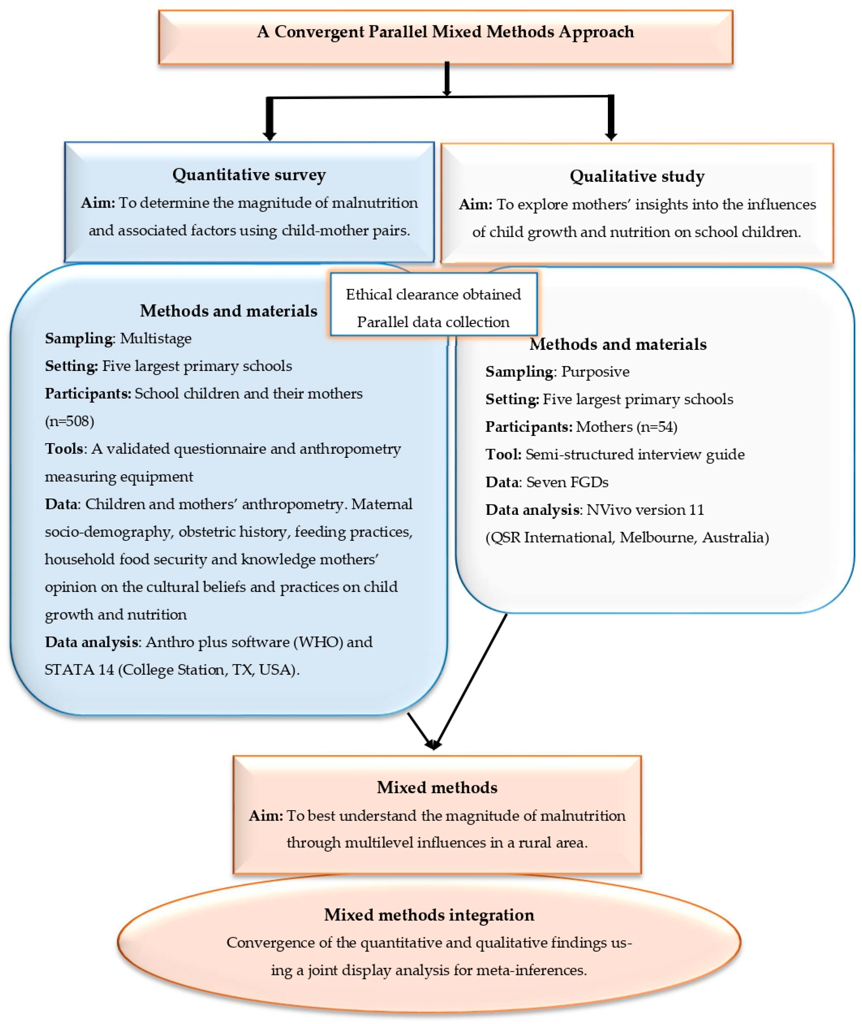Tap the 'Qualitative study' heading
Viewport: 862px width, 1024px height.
[x=637, y=176]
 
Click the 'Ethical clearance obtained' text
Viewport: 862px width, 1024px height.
[x=433, y=294]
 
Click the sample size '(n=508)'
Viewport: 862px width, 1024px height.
[x=69, y=421]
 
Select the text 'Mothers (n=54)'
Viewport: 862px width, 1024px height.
[x=626, y=427]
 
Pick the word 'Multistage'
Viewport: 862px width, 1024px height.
[x=155, y=339]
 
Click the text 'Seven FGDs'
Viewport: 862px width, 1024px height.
[x=567, y=482]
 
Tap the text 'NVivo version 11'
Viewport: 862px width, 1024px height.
[x=645, y=510]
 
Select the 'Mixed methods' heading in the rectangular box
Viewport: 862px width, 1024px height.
[x=437, y=787]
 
